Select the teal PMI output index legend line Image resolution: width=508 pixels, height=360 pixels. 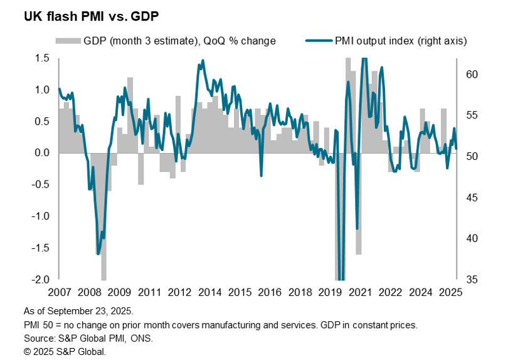pos(320,41)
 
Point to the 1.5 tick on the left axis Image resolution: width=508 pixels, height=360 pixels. pos(42,58)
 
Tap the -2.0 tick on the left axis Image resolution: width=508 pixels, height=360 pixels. pos(41,279)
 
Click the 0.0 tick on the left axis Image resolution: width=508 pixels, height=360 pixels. pos(42,153)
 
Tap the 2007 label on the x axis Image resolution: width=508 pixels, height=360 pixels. pos(58,292)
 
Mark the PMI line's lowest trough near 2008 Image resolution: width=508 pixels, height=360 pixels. pos(98,253)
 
